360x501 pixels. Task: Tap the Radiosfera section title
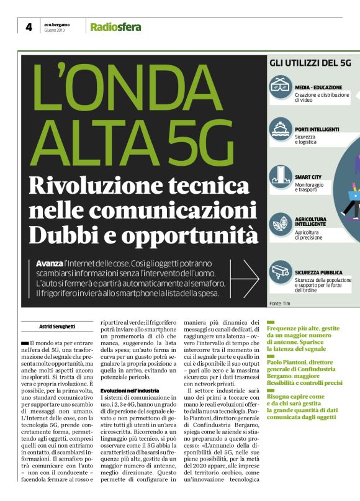click(115, 27)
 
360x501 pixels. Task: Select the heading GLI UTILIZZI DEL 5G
click(310, 63)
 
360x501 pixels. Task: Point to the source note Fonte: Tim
click(280, 303)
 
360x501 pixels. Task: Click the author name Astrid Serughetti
click(57, 325)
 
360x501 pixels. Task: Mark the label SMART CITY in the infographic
click(309, 176)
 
